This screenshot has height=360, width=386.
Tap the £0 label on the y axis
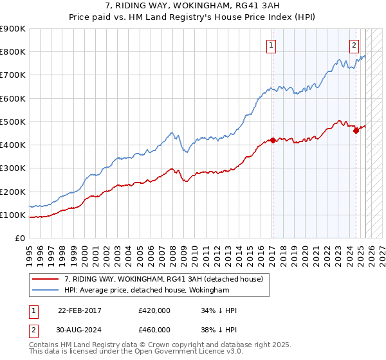(19, 238)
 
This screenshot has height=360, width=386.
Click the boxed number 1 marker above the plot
(272, 46)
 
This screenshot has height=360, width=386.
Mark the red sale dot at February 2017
(273, 140)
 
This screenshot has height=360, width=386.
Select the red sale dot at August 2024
(356, 130)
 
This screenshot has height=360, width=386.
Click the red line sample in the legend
(46, 280)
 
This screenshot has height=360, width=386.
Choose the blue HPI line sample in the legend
(46, 291)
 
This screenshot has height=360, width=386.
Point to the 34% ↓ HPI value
(219, 310)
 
